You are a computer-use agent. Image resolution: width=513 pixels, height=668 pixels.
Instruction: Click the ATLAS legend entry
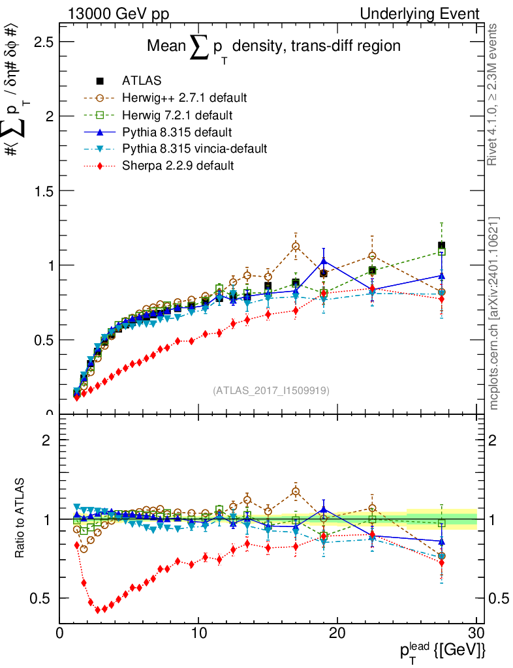point(142,82)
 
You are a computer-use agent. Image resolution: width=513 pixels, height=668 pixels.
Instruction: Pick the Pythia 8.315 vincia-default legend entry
point(194,149)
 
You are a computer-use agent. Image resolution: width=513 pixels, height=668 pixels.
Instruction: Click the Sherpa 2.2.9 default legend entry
point(178,166)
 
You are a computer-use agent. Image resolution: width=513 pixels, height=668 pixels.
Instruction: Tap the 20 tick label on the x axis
point(337,633)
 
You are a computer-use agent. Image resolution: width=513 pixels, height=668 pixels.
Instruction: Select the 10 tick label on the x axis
point(198,633)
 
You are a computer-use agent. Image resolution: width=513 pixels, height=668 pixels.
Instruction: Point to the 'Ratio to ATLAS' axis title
point(22,519)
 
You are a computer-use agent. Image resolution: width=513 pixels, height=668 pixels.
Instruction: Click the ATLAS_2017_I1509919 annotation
point(271,391)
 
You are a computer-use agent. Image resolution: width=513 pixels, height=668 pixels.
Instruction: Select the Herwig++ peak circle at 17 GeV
point(296,247)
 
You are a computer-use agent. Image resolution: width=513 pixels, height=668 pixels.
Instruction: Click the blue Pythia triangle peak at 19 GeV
point(324,262)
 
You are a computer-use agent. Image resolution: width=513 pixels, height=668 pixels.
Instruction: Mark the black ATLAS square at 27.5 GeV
point(442,246)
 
